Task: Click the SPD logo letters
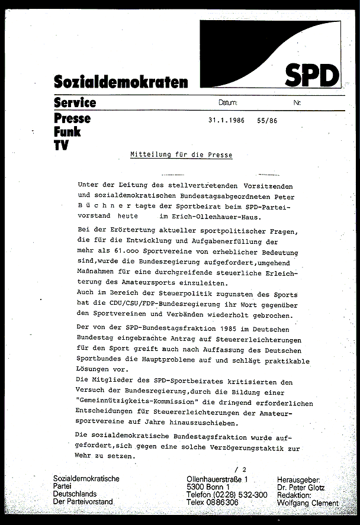(x=312, y=75)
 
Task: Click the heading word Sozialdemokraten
(x=120, y=82)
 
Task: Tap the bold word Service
(x=75, y=102)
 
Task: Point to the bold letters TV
(x=60, y=144)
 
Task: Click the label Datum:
(x=227, y=102)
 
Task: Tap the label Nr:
(x=297, y=102)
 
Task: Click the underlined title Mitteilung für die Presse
(x=181, y=155)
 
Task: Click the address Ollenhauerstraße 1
(x=217, y=478)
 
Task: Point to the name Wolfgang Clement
(x=308, y=503)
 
